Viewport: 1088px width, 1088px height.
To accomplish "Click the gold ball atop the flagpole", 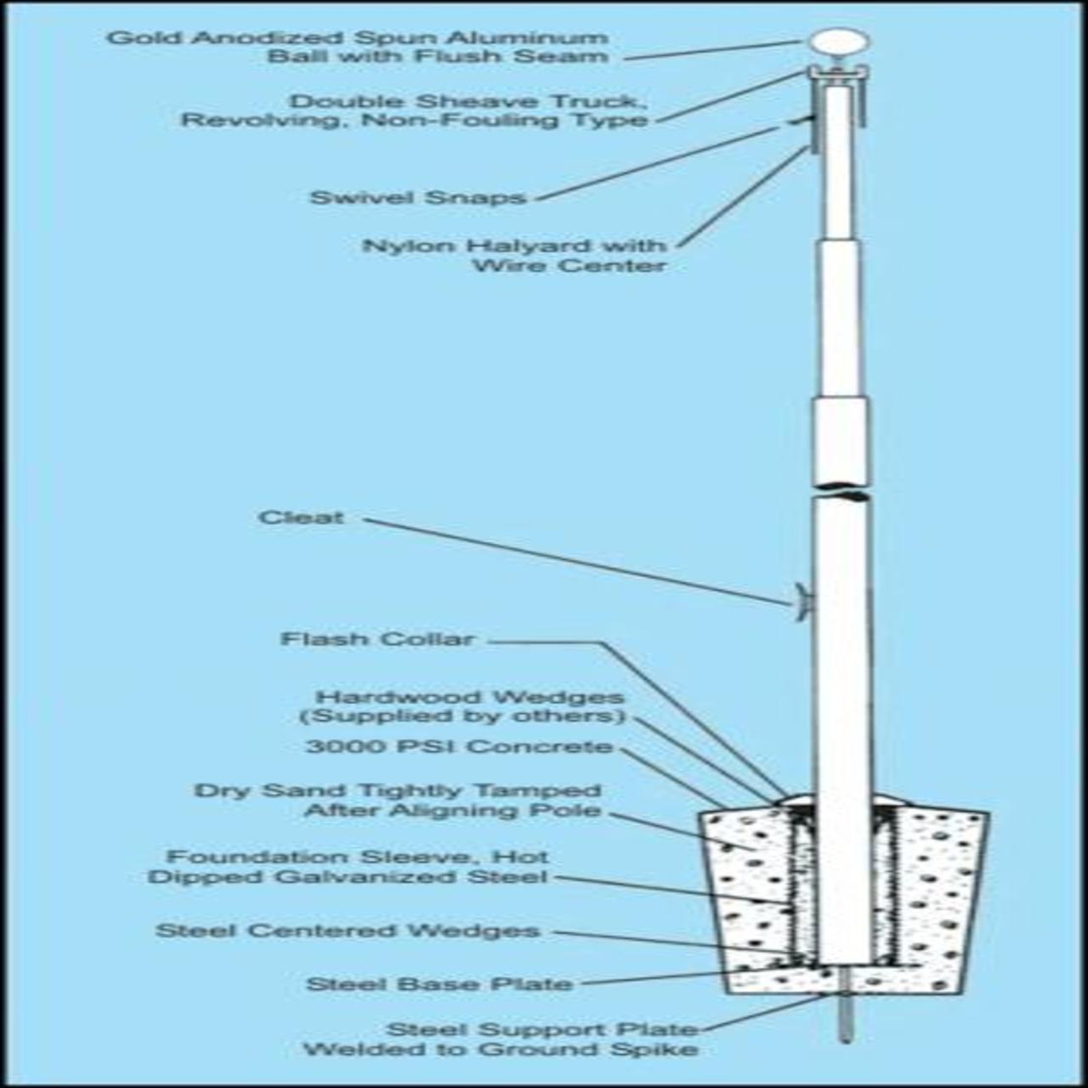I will [x=839, y=42].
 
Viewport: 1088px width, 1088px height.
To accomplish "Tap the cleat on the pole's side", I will [x=802, y=602].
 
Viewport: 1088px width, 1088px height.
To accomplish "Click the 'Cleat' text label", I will [x=302, y=518].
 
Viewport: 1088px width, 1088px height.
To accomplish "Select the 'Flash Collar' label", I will [x=377, y=639].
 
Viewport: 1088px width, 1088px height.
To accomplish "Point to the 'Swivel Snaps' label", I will [x=418, y=197].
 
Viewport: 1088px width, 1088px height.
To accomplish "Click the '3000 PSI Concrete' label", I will [x=459, y=747].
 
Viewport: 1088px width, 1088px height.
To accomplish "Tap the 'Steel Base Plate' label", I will [x=439, y=983].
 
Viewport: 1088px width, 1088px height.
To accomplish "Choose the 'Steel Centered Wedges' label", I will [x=348, y=931].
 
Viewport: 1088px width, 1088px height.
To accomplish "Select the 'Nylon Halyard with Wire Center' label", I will [x=515, y=255].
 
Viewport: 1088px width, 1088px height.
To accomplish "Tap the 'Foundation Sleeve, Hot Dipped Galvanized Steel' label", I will [x=348, y=866].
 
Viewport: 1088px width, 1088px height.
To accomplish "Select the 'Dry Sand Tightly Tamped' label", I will [x=398, y=791].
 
